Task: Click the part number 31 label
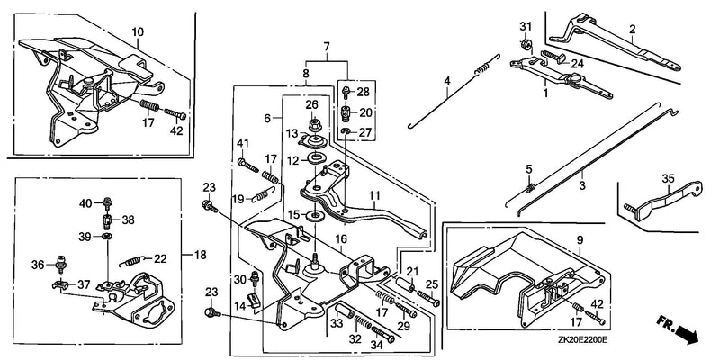coord(526,27)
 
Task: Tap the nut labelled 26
coord(314,124)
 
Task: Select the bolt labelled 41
coord(248,165)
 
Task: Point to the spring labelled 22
coord(132,261)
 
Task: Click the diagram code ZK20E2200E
coord(582,340)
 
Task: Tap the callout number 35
coord(668,177)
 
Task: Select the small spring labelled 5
coord(530,187)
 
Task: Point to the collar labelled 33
coord(345,310)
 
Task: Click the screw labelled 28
coord(346,95)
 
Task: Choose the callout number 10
coord(138,32)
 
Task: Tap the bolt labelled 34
coord(383,333)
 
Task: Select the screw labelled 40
coord(108,202)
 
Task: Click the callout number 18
coord(201,255)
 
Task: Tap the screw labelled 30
coord(254,280)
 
